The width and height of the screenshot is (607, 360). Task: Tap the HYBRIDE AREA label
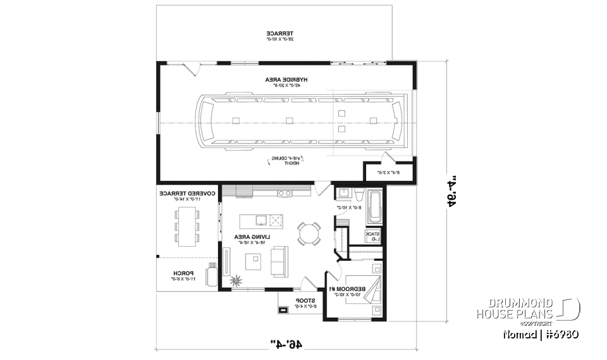(x=286, y=82)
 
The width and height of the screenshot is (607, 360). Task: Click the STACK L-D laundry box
(x=374, y=236)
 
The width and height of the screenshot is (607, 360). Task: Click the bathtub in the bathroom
(x=374, y=208)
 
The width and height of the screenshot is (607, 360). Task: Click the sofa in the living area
(x=279, y=261)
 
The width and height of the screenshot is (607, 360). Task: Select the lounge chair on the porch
(x=209, y=276)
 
